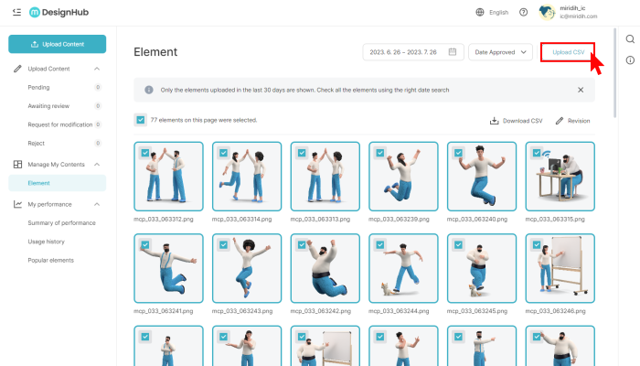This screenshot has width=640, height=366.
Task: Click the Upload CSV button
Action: [x=568, y=52]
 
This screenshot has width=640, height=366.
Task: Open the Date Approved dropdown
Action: [x=500, y=52]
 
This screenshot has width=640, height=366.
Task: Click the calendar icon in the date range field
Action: [x=453, y=52]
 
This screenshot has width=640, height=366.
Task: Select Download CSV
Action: [x=517, y=121]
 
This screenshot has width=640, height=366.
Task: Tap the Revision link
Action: [x=572, y=121]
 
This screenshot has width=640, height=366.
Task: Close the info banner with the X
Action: [x=581, y=90]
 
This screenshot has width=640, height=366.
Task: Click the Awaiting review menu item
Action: [x=48, y=106]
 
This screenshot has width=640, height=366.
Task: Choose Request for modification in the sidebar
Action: [x=60, y=124]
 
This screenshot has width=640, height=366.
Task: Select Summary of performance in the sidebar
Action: [x=61, y=223]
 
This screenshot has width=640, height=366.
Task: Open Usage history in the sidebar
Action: [x=46, y=242]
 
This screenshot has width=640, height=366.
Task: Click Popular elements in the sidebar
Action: [x=50, y=260]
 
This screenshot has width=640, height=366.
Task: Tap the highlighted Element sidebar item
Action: [x=57, y=183]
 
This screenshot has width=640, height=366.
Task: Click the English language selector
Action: [x=492, y=12]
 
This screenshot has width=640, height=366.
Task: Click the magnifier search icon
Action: [x=630, y=38]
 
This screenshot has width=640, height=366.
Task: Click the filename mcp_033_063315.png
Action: [x=555, y=220]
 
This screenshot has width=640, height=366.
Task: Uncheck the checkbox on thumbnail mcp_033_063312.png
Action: [x=144, y=153]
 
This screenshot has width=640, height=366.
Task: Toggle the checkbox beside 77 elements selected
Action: [x=141, y=120]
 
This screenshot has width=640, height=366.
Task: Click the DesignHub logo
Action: [x=59, y=12]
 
